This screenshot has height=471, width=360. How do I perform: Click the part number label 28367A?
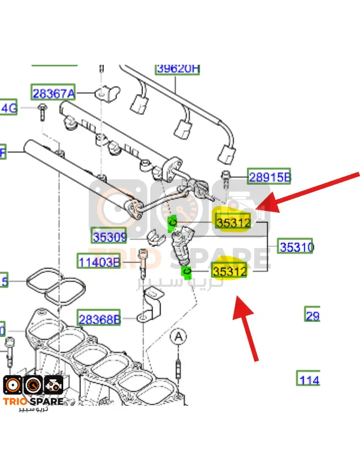pos(53,93)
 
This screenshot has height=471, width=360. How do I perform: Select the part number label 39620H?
pos(177,69)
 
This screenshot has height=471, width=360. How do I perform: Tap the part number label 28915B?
pos(270,177)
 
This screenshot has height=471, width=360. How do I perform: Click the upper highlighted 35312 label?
pos(232,221)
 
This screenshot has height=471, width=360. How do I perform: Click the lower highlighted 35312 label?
pos(230,271)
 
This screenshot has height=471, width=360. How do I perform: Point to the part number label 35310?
pos(296,247)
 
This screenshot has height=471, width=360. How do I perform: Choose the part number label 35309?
pos(109,236)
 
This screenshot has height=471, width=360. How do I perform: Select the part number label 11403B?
pos(98,261)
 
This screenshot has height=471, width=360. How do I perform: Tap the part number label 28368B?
pos(99,319)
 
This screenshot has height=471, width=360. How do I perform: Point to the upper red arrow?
pos(311,193)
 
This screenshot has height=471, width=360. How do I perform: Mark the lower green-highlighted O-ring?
pos(187,272)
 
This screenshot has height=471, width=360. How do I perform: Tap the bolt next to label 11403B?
pos(143,263)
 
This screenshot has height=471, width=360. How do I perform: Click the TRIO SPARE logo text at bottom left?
pos(34,401)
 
